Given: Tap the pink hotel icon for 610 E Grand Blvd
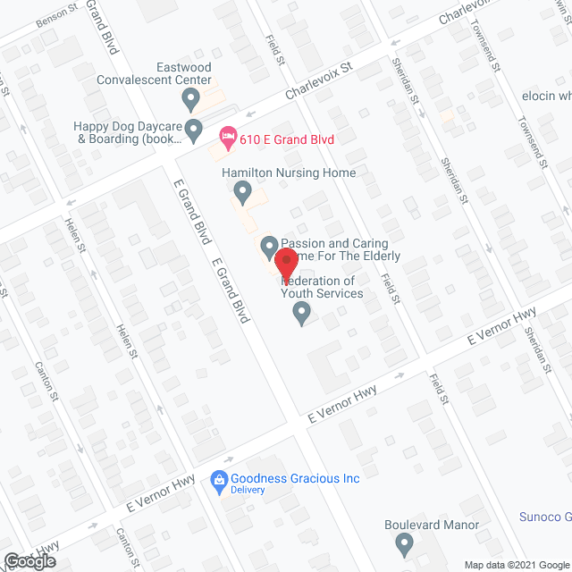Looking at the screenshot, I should tap(227, 137).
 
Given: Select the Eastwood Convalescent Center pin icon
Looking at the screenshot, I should tap(189, 97).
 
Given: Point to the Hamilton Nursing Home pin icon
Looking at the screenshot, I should tap(242, 190).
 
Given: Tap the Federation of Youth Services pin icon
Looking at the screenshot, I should tap(302, 312).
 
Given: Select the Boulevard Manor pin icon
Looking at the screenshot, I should tap(405, 542).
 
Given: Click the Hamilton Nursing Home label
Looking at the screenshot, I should tap(290, 172).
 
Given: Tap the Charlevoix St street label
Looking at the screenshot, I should tap(320, 80).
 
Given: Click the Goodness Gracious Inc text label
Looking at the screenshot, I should tap(295, 478).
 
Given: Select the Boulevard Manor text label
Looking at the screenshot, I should tap(432, 525).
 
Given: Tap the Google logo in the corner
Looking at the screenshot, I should tap(29, 560).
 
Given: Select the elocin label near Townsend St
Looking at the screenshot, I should tap(546, 96).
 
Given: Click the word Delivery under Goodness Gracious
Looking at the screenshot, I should tap(248, 490).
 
